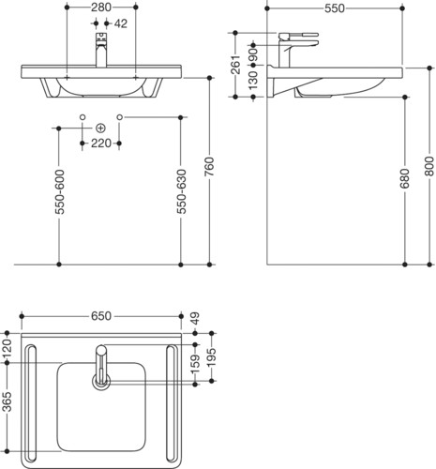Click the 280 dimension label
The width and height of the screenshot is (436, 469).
pos(101,8)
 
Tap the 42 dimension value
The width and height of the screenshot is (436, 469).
pos(121,23)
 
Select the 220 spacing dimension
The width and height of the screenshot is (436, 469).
pos(101,144)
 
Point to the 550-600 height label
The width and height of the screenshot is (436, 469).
pos(59,191)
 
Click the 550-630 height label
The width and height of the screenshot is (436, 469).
pos(181,191)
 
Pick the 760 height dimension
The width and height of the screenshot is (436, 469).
pos(210,167)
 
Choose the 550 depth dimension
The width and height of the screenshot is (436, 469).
pos(335,8)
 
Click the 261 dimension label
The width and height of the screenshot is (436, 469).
pos(235,65)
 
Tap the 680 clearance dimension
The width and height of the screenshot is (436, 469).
pos(405,178)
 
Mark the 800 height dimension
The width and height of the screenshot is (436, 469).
pos(430,167)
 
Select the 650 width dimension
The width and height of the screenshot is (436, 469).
pos(101,316)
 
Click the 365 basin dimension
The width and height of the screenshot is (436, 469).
pos(7,401)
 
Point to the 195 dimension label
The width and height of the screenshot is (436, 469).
pos(212,357)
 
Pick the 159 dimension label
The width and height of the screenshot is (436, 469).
pos(195,364)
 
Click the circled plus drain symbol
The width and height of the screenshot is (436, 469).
pos(100,129)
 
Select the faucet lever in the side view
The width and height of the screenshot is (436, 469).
pos(298,36)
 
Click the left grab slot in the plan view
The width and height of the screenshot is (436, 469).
pos(31,403)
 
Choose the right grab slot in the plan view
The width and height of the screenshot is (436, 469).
pos(172,403)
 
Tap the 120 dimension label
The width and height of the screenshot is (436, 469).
pos(7,348)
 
